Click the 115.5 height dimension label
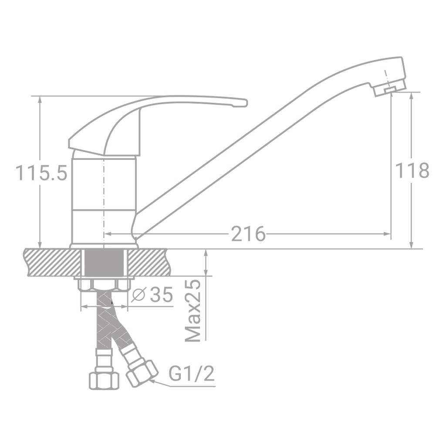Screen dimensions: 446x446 tap(42, 173)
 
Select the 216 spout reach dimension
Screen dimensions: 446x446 tap(248, 234)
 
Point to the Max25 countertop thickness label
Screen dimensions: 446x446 tap(193, 311)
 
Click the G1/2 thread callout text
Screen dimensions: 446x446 tap(192, 374)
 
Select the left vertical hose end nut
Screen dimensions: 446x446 tap(104, 380)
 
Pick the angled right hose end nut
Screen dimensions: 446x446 tap(142, 372)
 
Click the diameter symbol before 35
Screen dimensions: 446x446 tap(138, 295)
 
